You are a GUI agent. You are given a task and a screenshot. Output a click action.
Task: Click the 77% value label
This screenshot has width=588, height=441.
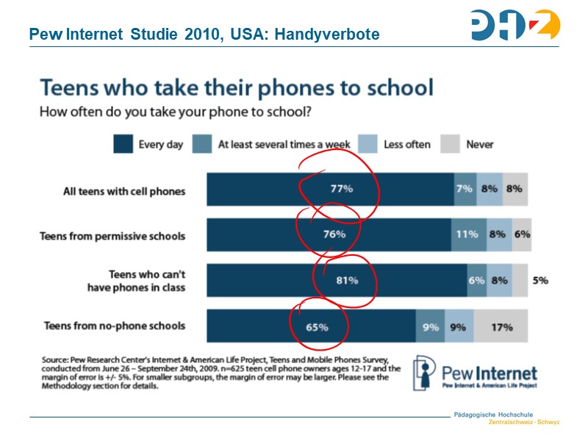(x=342, y=189)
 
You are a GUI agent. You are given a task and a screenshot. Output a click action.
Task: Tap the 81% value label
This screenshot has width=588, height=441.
(x=347, y=280)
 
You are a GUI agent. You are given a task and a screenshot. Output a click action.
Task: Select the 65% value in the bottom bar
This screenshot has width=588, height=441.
(x=317, y=326)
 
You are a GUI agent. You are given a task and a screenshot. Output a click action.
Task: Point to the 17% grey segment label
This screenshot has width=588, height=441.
(x=501, y=326)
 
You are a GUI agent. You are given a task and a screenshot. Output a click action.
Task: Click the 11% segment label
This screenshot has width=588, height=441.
(x=467, y=235)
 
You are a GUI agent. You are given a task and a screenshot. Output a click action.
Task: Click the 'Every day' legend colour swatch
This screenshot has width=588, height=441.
(x=123, y=144)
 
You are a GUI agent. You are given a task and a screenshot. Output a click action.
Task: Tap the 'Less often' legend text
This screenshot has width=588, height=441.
(x=406, y=145)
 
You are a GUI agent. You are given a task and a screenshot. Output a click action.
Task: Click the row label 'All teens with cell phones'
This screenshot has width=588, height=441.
(x=124, y=191)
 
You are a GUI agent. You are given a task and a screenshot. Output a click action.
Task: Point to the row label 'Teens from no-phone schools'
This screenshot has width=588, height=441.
(x=115, y=325)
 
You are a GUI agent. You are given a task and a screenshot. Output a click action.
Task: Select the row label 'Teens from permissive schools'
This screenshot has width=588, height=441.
(x=112, y=236)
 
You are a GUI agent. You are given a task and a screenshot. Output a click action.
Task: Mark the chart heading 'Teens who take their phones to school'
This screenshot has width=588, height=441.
(x=236, y=88)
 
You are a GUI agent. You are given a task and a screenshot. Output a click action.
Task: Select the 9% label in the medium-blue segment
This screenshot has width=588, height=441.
(x=431, y=326)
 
